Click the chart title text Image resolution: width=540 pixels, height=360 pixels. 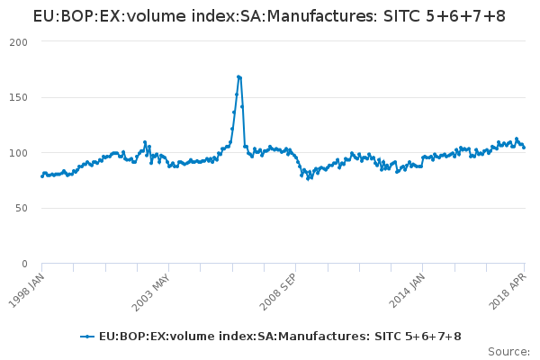coord(269,16)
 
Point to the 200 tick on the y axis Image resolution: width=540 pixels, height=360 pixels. coord(19,42)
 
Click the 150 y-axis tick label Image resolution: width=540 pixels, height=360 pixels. coord(19,97)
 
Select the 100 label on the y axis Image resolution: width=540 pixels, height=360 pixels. coord(19,153)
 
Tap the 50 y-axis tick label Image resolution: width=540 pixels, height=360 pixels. coord(22,208)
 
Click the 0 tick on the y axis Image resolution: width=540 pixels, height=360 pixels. coord(25,264)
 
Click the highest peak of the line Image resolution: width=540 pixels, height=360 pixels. coord(238,76)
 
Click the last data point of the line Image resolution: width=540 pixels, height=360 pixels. coord(524,148)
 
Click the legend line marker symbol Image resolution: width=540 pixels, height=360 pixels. coord(87,337)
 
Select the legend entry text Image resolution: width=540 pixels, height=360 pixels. coord(280,337)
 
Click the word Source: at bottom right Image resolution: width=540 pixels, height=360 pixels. coord(508,351)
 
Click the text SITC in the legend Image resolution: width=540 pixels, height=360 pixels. coord(386,337)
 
